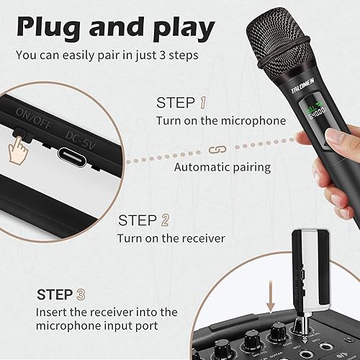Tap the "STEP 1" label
186,103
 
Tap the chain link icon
212,149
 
